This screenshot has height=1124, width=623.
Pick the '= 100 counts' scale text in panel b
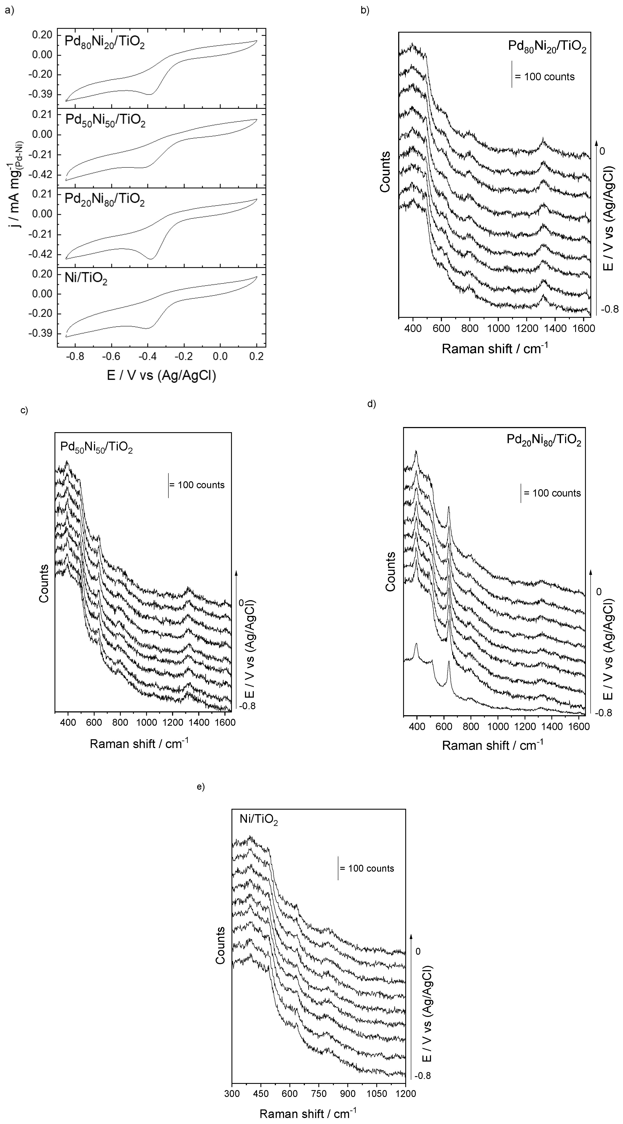pos(544,77)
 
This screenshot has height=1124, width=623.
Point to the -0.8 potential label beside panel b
pos(609,309)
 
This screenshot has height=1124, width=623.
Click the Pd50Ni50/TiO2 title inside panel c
pos(96,447)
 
